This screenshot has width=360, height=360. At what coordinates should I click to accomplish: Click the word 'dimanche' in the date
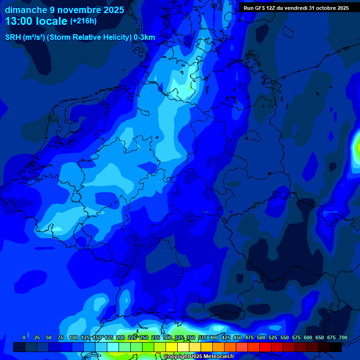point(25,10)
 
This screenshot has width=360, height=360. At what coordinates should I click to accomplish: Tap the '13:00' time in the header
point(19,21)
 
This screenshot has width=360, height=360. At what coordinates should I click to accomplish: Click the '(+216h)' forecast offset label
point(83,21)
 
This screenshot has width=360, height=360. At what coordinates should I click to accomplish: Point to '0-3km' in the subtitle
point(144,37)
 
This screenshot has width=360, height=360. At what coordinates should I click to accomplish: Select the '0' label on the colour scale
point(24,337)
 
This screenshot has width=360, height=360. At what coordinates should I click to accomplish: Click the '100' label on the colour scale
point(74,337)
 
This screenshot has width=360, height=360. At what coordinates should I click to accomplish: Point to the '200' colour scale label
point(120,337)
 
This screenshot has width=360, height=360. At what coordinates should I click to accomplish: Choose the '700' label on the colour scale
point(343,337)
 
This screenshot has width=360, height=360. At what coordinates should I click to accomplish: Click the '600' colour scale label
point(308,337)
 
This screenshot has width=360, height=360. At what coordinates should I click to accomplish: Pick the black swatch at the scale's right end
point(336,347)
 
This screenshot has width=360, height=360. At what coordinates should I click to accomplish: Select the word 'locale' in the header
point(52,21)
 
